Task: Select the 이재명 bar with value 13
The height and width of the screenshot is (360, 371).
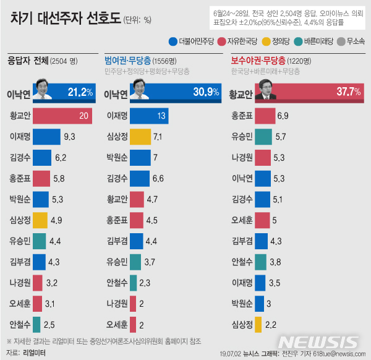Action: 149,115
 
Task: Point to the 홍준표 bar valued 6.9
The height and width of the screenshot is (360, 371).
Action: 265,115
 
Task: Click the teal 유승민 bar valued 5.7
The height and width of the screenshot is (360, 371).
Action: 263,136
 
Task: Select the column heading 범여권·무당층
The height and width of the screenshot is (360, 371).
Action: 129,61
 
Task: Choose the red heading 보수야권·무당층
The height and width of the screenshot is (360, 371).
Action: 258,61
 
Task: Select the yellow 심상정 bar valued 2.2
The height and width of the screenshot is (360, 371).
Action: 258,324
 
